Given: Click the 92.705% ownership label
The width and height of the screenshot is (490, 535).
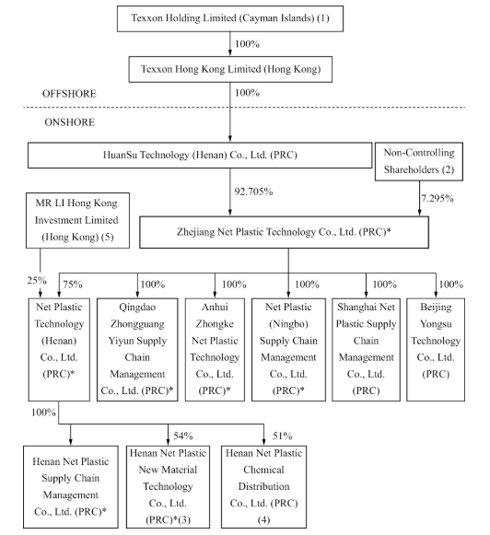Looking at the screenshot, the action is pyautogui.click(x=253, y=192).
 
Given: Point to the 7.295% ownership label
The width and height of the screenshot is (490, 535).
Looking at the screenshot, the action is pyautogui.click(x=437, y=198).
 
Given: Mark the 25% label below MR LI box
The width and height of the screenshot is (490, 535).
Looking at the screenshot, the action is pyautogui.click(x=37, y=281).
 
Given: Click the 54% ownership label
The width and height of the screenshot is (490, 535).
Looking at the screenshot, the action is pyautogui.click(x=183, y=436).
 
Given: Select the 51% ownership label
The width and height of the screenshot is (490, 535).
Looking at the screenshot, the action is pyautogui.click(x=283, y=436).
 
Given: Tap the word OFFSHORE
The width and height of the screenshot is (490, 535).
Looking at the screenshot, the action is pyautogui.click(x=69, y=94).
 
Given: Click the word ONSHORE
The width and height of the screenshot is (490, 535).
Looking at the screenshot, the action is pyautogui.click(x=70, y=122).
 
